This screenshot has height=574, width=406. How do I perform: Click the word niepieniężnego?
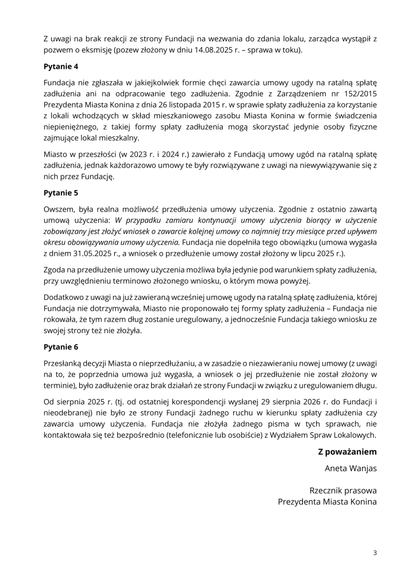click(70, 127)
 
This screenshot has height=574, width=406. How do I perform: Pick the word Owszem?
click(58, 209)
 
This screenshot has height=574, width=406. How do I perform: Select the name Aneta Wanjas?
click(350, 468)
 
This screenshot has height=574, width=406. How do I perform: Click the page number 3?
click(375, 553)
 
